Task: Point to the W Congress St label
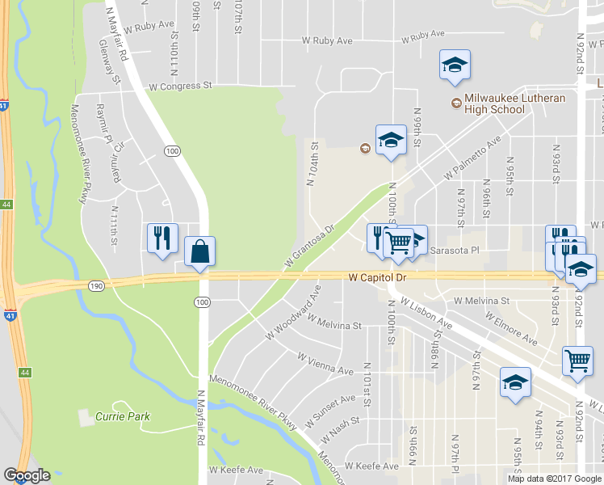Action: point(179,85)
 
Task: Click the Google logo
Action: point(27,475)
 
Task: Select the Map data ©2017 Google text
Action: point(554,479)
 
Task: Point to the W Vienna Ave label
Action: point(325,363)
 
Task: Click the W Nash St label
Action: point(339,430)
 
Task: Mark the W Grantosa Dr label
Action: point(308,248)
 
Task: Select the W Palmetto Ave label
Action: point(472,159)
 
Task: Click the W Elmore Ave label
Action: point(511,324)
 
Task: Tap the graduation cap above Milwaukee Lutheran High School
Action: point(455,65)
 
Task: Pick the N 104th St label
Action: point(312,166)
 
